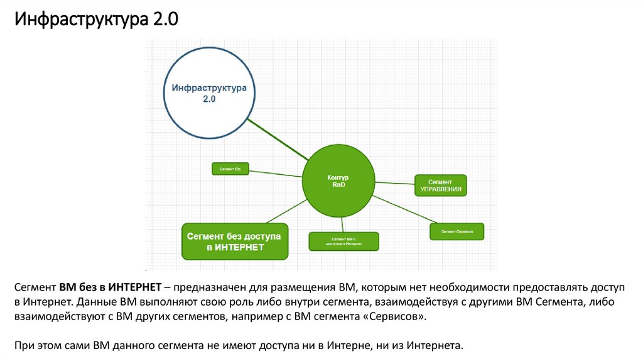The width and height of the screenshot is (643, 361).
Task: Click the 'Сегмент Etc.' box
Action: [x=230, y=169]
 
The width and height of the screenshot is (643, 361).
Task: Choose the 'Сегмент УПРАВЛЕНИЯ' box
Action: [x=440, y=185]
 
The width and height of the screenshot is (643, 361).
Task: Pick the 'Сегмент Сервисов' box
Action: [x=457, y=231]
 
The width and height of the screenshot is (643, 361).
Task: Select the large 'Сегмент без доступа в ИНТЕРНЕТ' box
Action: [x=235, y=241]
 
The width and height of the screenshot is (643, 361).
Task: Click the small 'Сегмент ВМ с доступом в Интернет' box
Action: [x=344, y=241]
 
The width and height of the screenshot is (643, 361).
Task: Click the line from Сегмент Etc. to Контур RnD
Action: [x=276, y=174]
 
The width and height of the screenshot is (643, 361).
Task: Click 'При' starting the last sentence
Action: [x=23, y=345]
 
